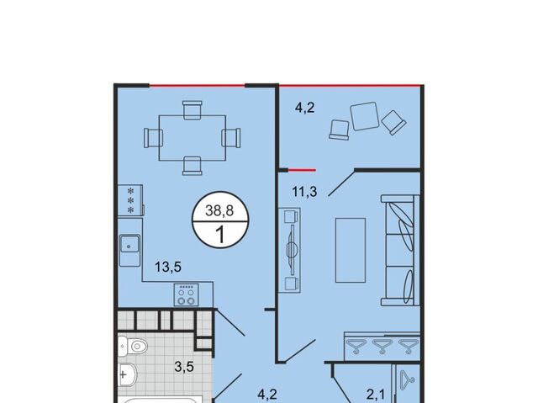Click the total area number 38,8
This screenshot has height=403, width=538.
coord(219,210)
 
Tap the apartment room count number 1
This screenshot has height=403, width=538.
coord(220,235)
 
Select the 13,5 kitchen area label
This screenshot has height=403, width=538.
coord(168,267)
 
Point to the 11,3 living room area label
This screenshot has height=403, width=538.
coord(304,192)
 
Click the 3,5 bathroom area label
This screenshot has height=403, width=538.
coord(184,367)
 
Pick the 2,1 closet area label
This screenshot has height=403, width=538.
coord(376,395)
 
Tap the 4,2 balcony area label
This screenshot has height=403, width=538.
coord(304,108)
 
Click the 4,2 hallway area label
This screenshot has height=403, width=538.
coord(267,394)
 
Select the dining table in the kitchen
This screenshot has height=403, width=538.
coord(193,138)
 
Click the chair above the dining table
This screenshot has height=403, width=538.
coord(193,110)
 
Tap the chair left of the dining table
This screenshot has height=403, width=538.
coord(153,138)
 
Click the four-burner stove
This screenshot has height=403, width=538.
coord(187,294)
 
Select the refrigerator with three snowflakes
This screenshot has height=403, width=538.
coord(130,200)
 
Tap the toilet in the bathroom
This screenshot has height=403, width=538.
coord(133,346)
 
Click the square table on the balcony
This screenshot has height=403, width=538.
coord(364,116)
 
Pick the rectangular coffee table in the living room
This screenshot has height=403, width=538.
coord(351,250)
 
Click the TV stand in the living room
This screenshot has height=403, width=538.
coord(289,250)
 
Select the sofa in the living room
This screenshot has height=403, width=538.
coord(400,250)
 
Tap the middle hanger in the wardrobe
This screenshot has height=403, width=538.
coord(382,346)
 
